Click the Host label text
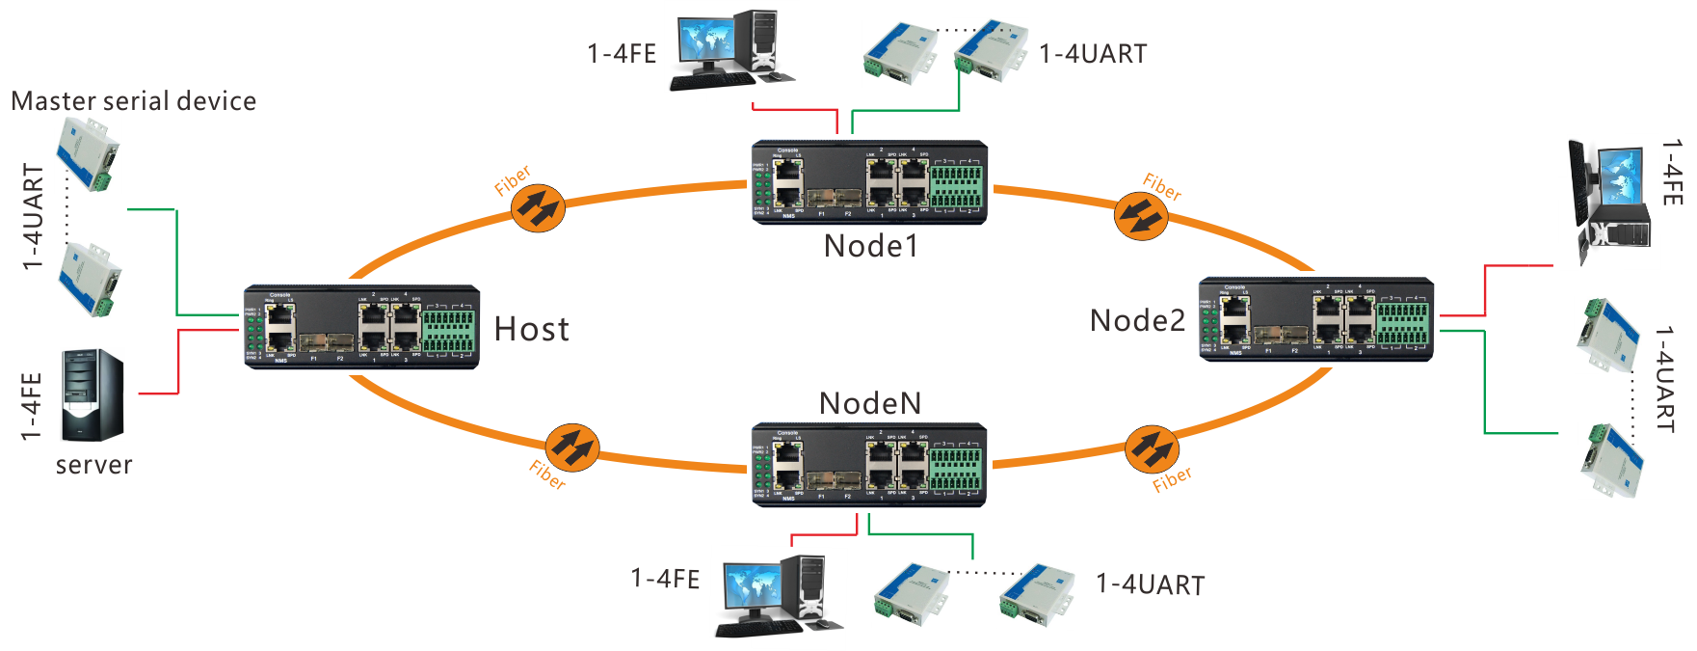pyautogui.click(x=532, y=329)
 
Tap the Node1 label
pyautogui.click(x=871, y=246)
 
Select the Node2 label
pyautogui.click(x=1137, y=320)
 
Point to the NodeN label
pyautogui.click(x=870, y=403)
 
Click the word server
pyautogui.click(x=94, y=465)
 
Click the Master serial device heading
pyautogui.click(x=134, y=101)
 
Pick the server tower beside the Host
pyautogui.click(x=93, y=394)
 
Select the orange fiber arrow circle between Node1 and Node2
pyautogui.click(x=1141, y=216)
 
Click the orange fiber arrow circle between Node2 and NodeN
pyautogui.click(x=1152, y=448)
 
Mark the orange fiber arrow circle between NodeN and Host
pyautogui.click(x=571, y=448)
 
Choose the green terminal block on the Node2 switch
pyautogui.click(x=1403, y=325)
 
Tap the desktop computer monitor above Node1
pyautogui.click(x=706, y=41)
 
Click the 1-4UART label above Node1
pyautogui.click(x=1093, y=54)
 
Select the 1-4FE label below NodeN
pyautogui.click(x=665, y=579)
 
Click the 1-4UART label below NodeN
pyautogui.click(x=1151, y=584)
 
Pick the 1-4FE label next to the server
pyautogui.click(x=32, y=406)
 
